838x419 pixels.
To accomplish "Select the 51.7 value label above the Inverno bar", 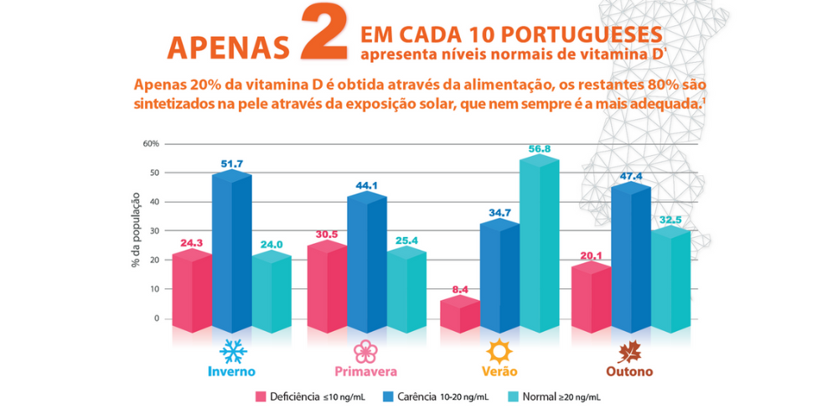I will [231, 164].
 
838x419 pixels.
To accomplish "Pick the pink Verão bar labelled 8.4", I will [460, 315].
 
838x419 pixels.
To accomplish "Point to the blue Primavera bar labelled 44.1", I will [365, 264].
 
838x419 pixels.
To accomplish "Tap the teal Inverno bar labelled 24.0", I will [271, 293].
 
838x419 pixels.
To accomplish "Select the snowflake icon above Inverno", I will [231, 351].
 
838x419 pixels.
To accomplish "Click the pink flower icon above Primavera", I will [365, 351].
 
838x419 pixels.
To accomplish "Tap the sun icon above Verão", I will [499, 351].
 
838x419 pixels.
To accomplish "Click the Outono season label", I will [630, 371].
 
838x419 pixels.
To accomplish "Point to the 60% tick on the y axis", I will [151, 143].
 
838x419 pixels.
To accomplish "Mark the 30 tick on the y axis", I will [153, 231].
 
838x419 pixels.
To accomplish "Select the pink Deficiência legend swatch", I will [261, 396].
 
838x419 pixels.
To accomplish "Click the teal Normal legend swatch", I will [513, 396].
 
